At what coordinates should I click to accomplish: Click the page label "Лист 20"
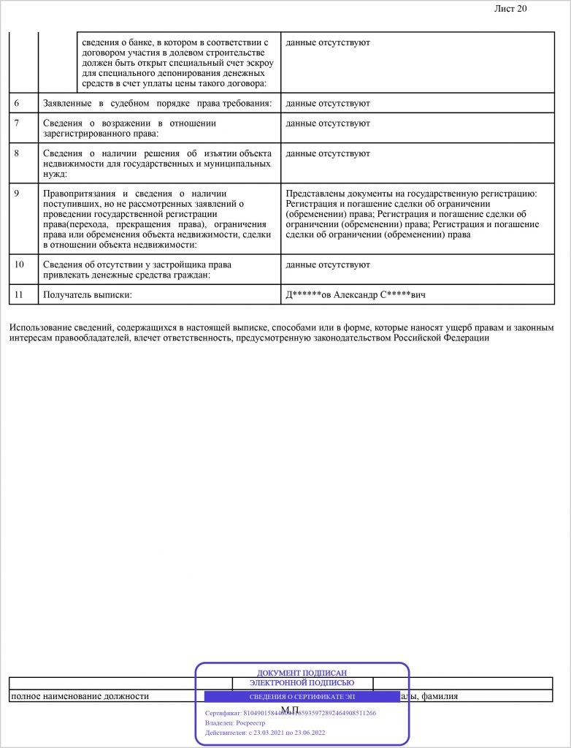pos(510,9)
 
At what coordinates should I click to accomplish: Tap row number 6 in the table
pos(17,103)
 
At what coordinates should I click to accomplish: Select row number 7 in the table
pos(17,123)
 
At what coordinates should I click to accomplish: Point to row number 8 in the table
pos(17,153)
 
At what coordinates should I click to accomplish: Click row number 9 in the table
pos(17,193)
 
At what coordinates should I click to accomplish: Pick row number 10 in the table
pos(19,264)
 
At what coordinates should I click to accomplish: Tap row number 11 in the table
pos(19,294)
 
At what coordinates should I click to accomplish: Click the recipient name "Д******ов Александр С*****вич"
pos(356,294)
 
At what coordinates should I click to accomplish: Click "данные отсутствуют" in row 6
pos(328,103)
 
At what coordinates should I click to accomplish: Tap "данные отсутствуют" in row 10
pos(328,264)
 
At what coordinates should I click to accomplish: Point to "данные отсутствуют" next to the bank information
pos(328,42)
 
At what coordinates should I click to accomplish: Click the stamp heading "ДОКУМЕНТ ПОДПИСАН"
pos(302,673)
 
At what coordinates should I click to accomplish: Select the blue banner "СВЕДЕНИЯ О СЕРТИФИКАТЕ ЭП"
pos(302,697)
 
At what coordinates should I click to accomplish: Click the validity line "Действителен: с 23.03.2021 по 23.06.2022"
pos(265,733)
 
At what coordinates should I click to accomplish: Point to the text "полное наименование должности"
pos(79,697)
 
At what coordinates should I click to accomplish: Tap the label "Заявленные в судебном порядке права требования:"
pos(157,103)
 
